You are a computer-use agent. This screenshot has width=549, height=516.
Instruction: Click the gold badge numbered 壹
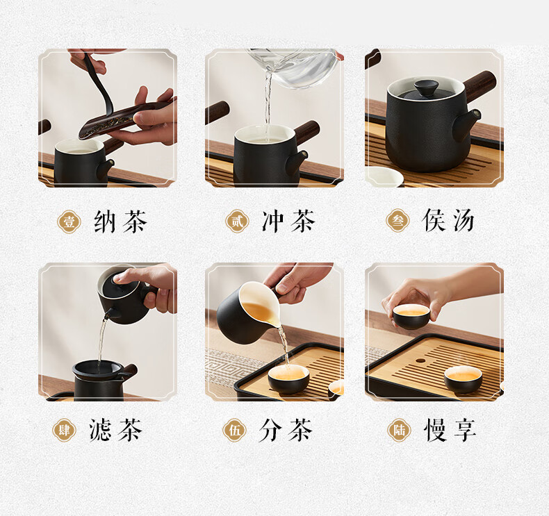(x=69, y=222)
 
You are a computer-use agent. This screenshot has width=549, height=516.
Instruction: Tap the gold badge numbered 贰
(x=237, y=222)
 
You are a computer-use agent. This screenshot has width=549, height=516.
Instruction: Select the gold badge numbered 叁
(x=398, y=221)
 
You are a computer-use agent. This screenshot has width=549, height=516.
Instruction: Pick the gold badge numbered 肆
(x=64, y=430)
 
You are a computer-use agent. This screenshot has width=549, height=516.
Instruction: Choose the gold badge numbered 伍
(x=235, y=430)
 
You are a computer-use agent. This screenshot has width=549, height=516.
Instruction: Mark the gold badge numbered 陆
(x=399, y=430)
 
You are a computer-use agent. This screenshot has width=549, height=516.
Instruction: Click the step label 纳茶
(x=120, y=222)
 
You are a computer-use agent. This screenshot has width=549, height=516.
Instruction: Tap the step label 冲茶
(x=289, y=221)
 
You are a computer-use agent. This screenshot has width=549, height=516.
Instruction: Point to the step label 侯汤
(x=448, y=220)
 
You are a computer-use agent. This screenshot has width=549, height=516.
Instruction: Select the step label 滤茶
(x=115, y=430)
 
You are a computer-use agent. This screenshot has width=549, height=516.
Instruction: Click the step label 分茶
(x=286, y=430)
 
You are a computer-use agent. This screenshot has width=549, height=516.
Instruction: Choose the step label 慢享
(x=450, y=430)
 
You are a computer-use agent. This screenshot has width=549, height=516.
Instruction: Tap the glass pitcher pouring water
(x=294, y=67)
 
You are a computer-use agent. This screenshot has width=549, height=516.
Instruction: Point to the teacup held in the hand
(x=411, y=316)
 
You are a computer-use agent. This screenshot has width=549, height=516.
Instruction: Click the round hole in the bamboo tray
(x=420, y=361)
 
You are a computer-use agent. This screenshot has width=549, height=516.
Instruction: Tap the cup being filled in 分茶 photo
(x=288, y=378)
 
